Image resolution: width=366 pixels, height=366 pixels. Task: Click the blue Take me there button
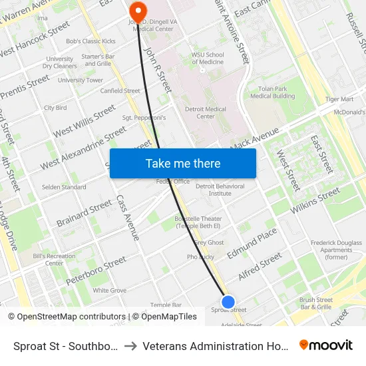point(183,163)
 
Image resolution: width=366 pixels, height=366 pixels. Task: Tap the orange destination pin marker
point(138,11)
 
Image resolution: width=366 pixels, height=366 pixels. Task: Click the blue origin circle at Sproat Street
point(228,302)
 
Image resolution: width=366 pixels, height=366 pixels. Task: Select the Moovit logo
point(325,345)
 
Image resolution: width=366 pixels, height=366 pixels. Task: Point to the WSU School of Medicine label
point(207,59)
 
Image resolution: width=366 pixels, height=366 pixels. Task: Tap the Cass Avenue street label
point(128,218)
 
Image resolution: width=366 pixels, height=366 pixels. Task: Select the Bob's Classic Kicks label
point(91,41)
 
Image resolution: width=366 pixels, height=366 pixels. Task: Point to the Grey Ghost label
point(210,242)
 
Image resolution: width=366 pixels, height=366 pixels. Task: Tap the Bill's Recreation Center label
point(54,260)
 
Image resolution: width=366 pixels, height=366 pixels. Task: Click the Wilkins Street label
point(315,200)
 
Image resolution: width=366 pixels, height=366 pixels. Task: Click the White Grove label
point(109,291)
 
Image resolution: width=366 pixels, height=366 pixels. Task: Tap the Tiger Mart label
point(339,99)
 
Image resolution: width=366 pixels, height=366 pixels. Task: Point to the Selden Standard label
point(65,188)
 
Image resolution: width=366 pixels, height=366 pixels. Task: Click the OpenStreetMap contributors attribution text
point(67,317)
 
